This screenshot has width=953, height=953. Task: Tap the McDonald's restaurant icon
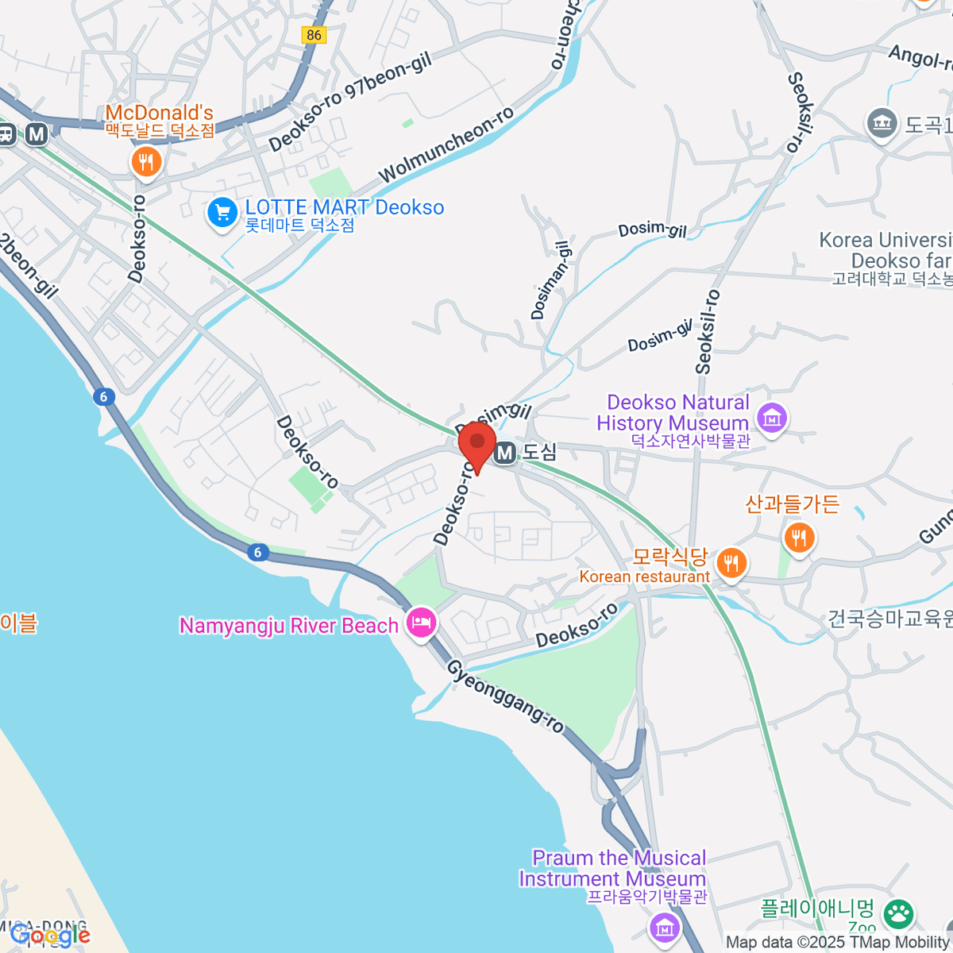145,162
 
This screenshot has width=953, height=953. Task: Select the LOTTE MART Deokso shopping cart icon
222,213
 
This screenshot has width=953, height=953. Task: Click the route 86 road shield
314,34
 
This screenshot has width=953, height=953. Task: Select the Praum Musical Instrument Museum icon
664,926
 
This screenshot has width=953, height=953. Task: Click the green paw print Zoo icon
899,913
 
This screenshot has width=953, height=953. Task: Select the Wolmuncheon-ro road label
446,145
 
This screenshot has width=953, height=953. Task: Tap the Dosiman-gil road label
550,280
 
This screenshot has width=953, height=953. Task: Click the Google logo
50,935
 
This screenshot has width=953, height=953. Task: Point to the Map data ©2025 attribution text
838,943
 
